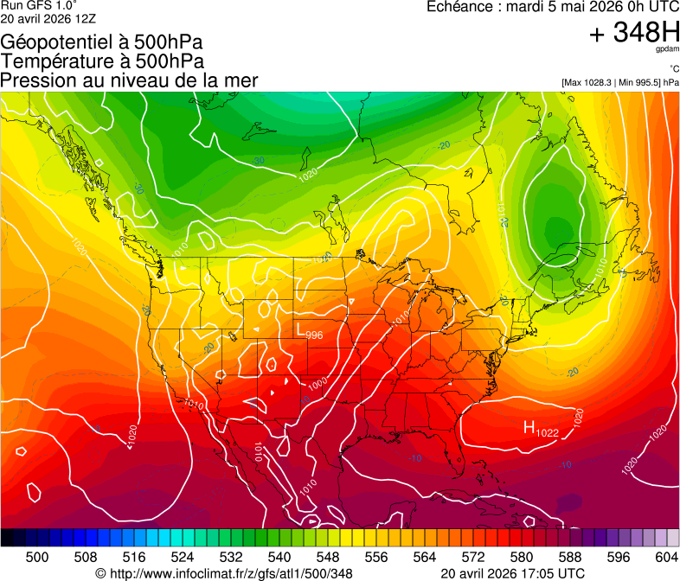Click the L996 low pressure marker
(310, 333)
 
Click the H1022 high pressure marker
(541, 429)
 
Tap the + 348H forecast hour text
(634, 33)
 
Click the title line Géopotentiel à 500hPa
(102, 42)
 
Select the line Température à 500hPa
(102, 61)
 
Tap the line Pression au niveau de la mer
(129, 80)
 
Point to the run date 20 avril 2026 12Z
(48, 18)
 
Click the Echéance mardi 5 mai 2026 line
(553, 7)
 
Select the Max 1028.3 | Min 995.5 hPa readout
(619, 82)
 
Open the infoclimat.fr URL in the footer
(224, 573)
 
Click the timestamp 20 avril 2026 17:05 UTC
(512, 573)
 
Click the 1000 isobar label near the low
(318, 383)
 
